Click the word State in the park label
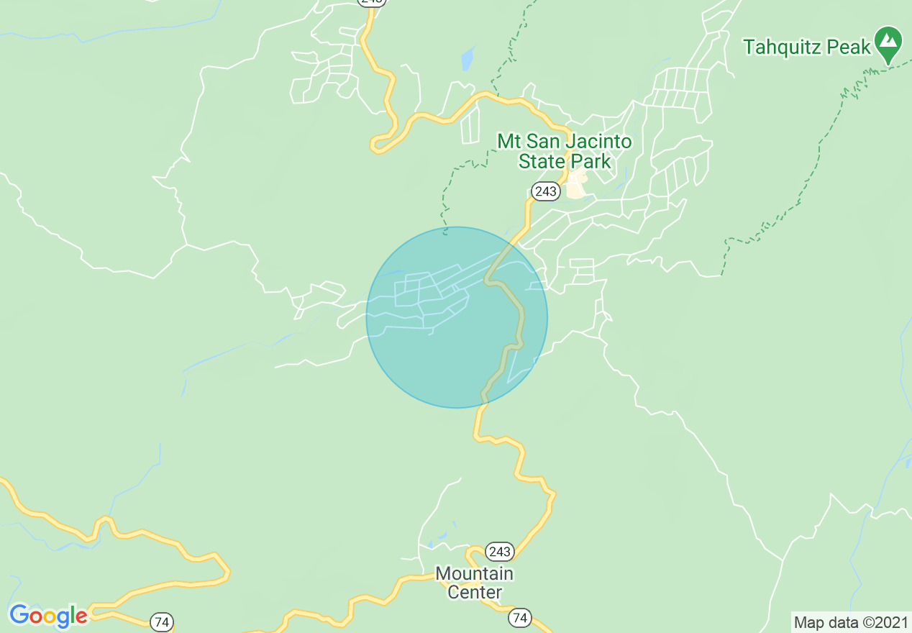click(x=541, y=161)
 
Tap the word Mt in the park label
click(x=509, y=141)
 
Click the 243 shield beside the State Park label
click(x=545, y=191)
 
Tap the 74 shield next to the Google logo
click(x=162, y=622)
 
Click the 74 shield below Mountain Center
click(x=520, y=617)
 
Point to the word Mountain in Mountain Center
click(x=475, y=574)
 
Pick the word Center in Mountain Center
click(x=475, y=592)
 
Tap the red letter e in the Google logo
click(x=81, y=617)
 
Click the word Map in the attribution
click(x=808, y=622)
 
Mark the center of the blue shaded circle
click(x=457, y=317)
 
